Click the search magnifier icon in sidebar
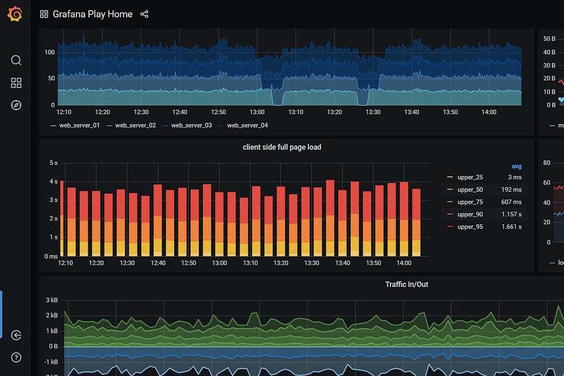point(16,60)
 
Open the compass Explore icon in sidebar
point(16,105)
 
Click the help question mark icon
point(16,357)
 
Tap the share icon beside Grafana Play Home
point(144,14)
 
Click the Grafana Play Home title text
point(92,14)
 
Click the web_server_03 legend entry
point(191,125)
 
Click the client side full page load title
point(282,147)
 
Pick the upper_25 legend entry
point(470,177)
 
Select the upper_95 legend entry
point(470,226)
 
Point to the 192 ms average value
point(511,189)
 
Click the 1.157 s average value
point(511,214)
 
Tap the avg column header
point(516,166)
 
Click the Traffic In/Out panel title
point(407,285)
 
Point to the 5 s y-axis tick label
point(54,163)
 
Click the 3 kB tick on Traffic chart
point(52,300)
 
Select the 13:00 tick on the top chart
point(257,112)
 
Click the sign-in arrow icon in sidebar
point(16,335)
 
